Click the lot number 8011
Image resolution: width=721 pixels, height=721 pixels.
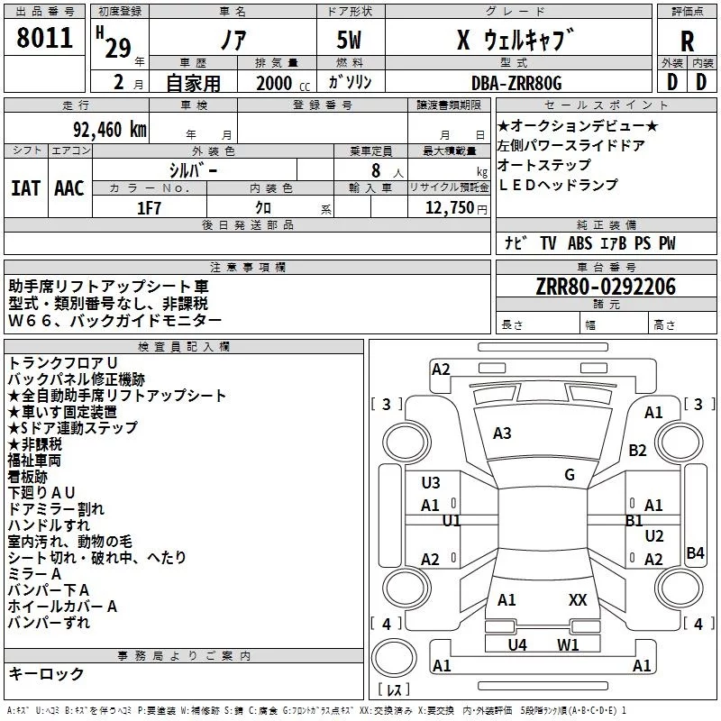44,39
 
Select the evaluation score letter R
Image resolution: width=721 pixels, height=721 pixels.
687,41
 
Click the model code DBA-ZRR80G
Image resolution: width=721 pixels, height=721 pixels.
516,83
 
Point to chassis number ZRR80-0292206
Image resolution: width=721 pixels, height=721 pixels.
605,287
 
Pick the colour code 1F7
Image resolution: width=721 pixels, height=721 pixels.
150,206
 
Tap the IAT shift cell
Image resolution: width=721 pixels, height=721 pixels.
25,188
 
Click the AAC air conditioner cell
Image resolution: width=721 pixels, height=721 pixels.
69,188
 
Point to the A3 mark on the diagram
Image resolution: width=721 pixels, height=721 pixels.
502,434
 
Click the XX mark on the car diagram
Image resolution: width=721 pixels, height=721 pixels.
578,599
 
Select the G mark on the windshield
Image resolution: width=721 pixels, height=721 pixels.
569,474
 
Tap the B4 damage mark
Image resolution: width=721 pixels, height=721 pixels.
695,553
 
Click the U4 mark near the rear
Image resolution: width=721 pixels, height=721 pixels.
516,644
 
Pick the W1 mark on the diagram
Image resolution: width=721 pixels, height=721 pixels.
567,644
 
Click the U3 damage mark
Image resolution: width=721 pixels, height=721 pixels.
431,483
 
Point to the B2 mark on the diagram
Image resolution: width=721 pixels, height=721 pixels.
638,450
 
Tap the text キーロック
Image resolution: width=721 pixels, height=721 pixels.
46,674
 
